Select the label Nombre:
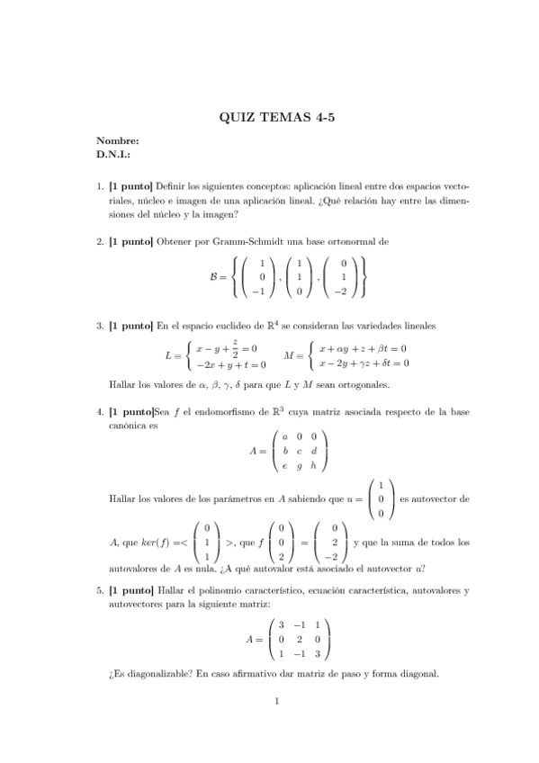[x=117, y=141]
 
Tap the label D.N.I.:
[x=113, y=154]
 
